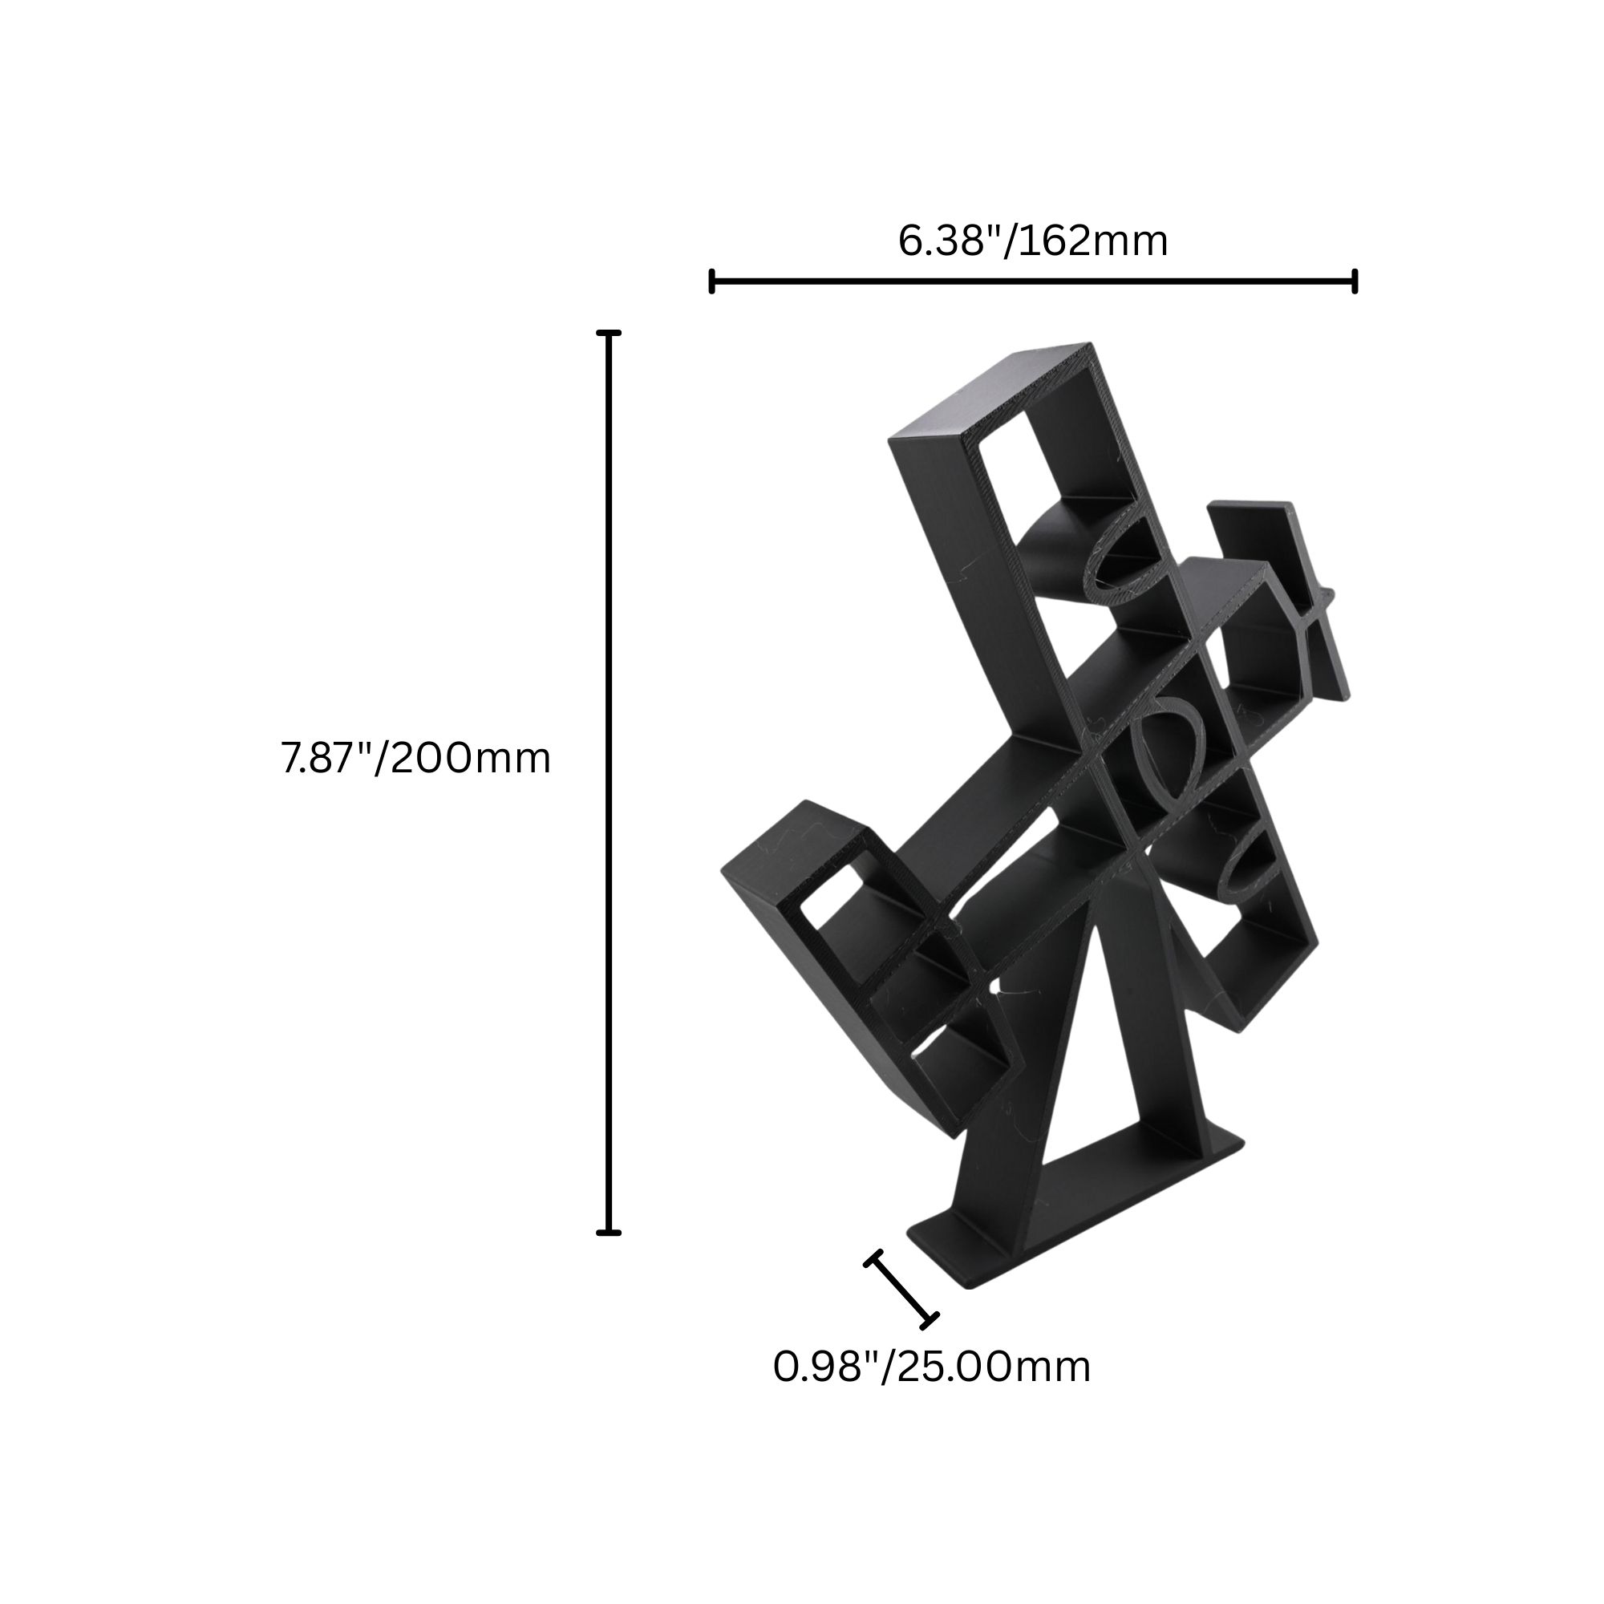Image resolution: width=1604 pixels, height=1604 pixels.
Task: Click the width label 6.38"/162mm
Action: pos(1033,241)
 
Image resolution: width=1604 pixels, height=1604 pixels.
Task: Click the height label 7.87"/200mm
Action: pos(416,758)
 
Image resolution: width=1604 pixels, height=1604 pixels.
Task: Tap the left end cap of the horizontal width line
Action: pos(711,282)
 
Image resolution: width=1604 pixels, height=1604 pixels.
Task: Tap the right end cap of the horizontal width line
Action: pos(1355,282)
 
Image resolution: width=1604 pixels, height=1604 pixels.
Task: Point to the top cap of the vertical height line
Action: pos(609,333)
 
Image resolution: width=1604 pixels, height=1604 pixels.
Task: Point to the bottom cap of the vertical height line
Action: pos(609,1233)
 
